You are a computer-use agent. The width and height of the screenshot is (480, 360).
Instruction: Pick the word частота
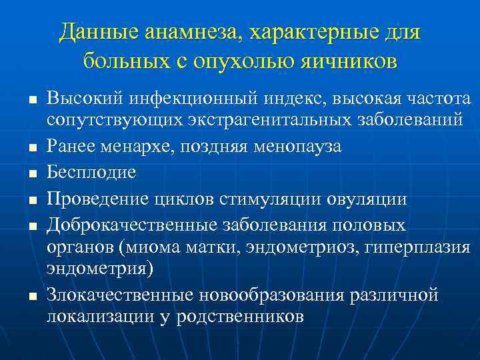click(x=436, y=99)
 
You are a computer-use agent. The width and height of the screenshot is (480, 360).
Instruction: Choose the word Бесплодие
click(x=91, y=173)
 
